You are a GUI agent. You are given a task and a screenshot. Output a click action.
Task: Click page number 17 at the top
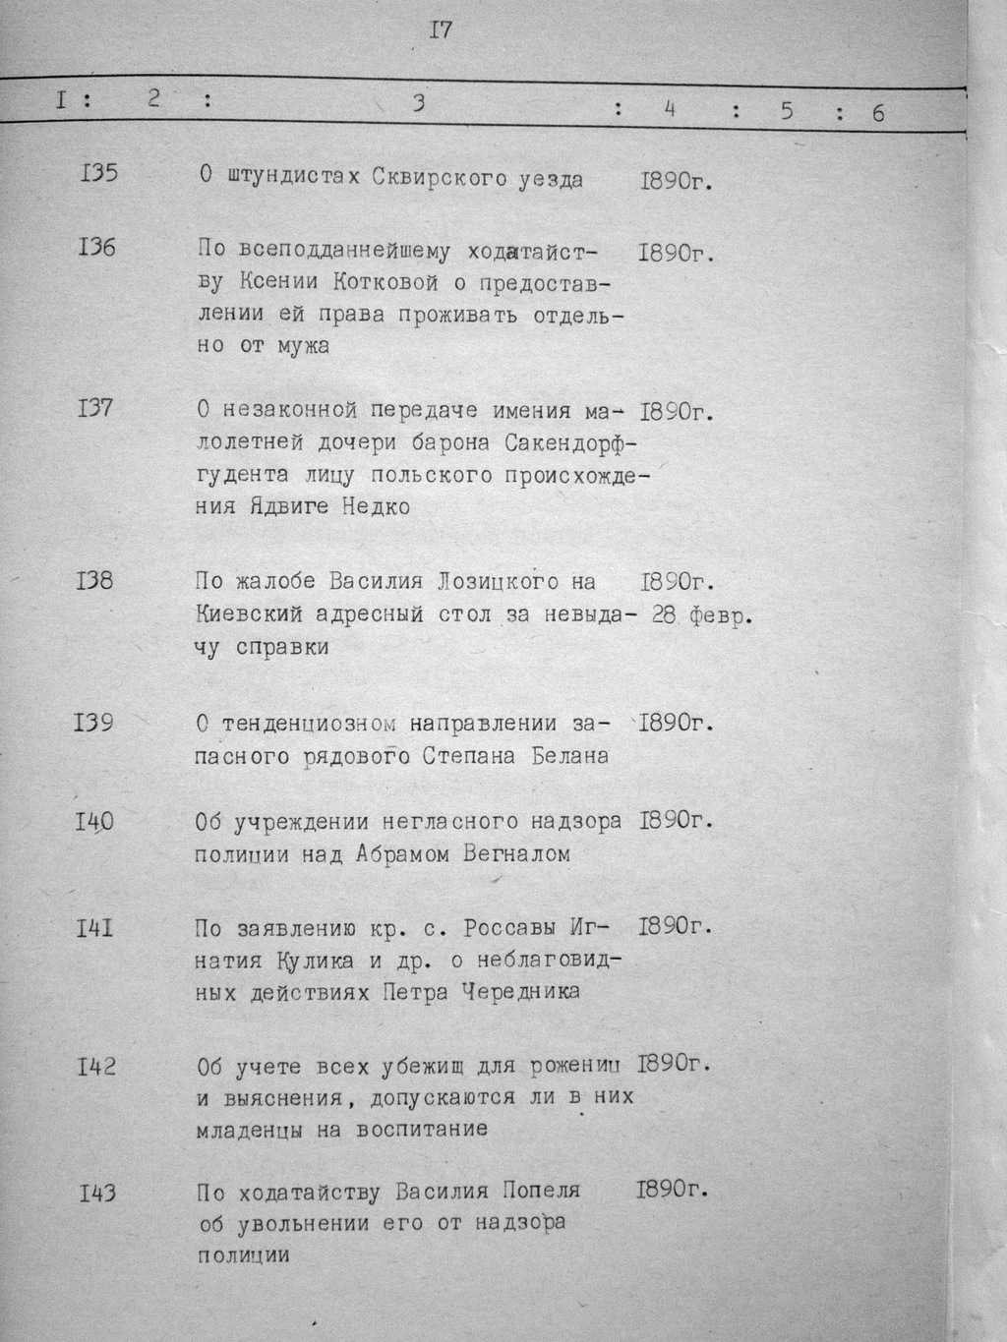(x=441, y=30)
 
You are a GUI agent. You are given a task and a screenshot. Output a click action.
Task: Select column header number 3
(x=419, y=103)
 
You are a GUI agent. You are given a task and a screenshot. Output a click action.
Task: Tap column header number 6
(x=877, y=113)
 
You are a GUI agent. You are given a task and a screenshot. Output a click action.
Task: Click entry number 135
(x=97, y=174)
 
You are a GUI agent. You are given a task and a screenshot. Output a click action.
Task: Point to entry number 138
(x=94, y=581)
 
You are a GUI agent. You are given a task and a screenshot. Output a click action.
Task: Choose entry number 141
(x=94, y=926)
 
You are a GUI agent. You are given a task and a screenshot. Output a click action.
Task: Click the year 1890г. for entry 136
(x=675, y=253)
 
